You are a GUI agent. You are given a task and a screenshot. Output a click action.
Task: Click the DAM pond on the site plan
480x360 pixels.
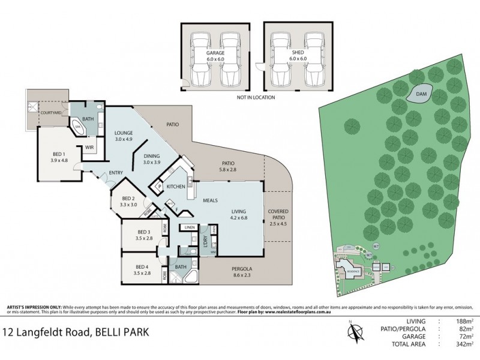click(x=421, y=94)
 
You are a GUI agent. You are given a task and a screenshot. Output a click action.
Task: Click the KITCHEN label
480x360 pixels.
click(x=175, y=187)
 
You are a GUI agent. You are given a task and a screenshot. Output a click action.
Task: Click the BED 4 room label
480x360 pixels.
click(x=142, y=269)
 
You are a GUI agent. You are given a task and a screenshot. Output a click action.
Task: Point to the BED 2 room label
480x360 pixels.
click(x=130, y=202)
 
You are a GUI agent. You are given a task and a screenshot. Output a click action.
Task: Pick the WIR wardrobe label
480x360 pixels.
click(x=89, y=146)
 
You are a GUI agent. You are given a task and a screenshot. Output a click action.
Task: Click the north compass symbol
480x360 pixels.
click(x=355, y=331)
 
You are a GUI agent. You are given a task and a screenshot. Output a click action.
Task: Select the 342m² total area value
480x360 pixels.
click(x=463, y=347)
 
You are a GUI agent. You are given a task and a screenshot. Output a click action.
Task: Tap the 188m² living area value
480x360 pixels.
click(x=463, y=322)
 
